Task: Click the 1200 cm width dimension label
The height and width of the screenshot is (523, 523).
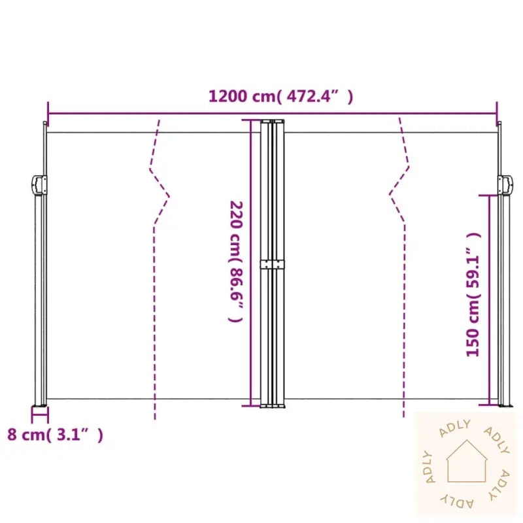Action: [x=280, y=97]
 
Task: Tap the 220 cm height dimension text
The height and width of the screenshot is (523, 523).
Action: [x=236, y=261]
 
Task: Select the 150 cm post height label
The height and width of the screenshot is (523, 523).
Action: [x=473, y=294]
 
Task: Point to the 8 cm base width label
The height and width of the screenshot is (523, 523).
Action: [x=55, y=434]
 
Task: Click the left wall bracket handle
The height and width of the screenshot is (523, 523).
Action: [x=39, y=184]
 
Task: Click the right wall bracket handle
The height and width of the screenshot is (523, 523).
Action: [x=505, y=185]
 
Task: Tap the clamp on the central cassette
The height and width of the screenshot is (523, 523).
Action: [x=273, y=264]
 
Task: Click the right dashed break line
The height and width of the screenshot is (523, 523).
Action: [x=400, y=261]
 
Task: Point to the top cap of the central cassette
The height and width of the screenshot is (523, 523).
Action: [x=273, y=121]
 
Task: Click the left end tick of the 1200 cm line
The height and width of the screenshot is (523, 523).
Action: [x=48, y=109]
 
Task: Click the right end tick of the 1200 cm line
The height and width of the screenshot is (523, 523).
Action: [x=497, y=109]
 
